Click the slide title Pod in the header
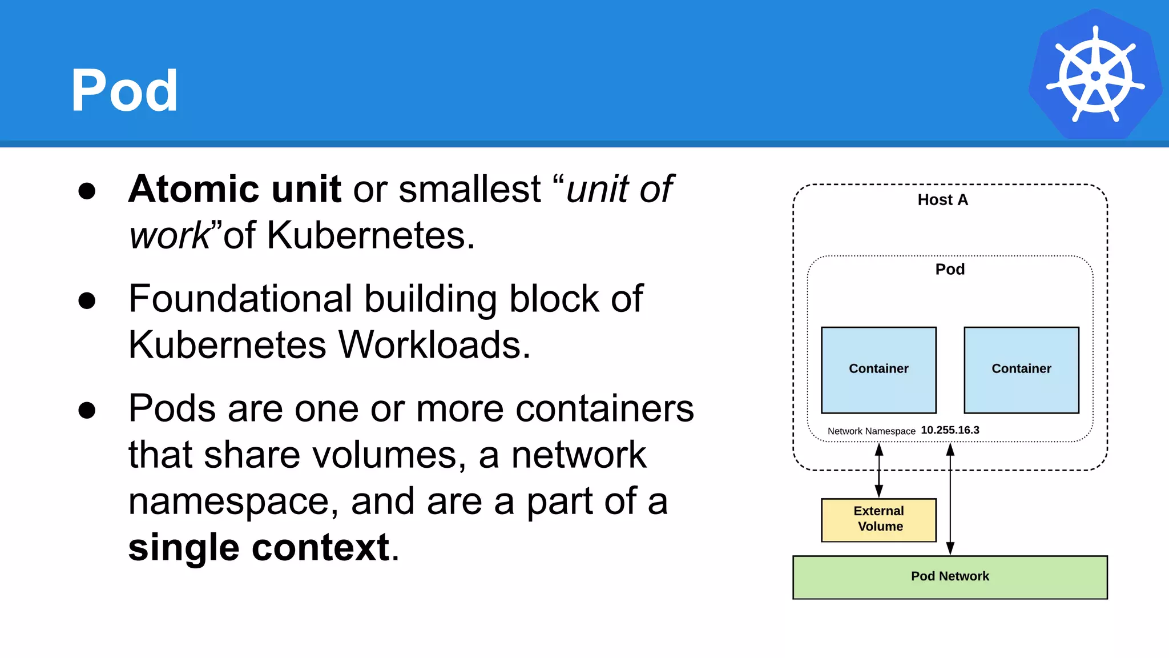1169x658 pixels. tap(124, 90)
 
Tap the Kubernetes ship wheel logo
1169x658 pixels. tap(1095, 75)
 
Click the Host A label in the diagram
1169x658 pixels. tap(942, 200)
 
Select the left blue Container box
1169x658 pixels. tap(878, 370)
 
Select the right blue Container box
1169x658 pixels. tap(1021, 370)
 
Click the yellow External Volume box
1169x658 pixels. tap(878, 519)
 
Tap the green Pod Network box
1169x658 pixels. tap(950, 577)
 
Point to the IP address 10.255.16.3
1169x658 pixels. tap(950, 430)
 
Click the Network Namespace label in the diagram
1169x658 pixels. tap(871, 431)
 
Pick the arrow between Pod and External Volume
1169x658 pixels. tap(879, 470)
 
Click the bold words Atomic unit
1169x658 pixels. tap(235, 189)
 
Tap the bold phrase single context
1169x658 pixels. tap(259, 547)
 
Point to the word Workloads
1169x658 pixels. tap(434, 345)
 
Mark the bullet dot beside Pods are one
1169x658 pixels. tap(87, 410)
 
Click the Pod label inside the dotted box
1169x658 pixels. tap(950, 269)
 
